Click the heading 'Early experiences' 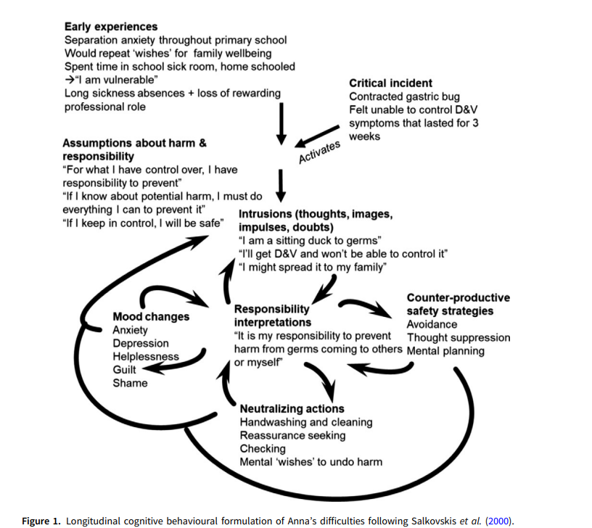[x=111, y=27]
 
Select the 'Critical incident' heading [x=390, y=83]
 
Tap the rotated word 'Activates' [x=319, y=152]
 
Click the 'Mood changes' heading [x=151, y=317]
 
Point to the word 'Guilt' [x=124, y=369]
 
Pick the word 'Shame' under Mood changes [x=130, y=383]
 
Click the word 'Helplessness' [x=146, y=356]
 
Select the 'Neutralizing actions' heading [x=292, y=409]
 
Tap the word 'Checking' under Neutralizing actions [x=263, y=449]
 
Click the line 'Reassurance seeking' [x=292, y=436]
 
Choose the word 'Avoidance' [x=432, y=324]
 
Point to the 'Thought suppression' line [x=459, y=337]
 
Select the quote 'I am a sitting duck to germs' [x=310, y=240]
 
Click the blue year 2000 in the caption [x=498, y=521]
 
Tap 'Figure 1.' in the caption [x=41, y=521]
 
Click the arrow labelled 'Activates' [x=317, y=136]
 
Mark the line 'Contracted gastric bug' [x=404, y=96]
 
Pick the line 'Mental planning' [x=445, y=351]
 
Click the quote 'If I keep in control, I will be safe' [x=143, y=223]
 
